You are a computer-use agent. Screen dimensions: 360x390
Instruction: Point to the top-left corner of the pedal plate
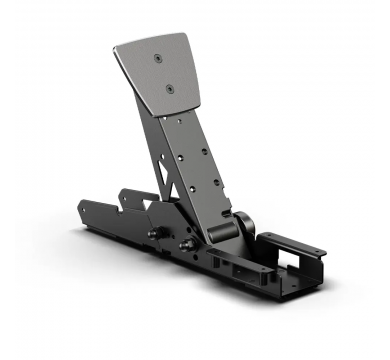114,46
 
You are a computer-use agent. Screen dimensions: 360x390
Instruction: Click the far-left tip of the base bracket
77,212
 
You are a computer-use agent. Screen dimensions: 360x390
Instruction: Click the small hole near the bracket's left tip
88,213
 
